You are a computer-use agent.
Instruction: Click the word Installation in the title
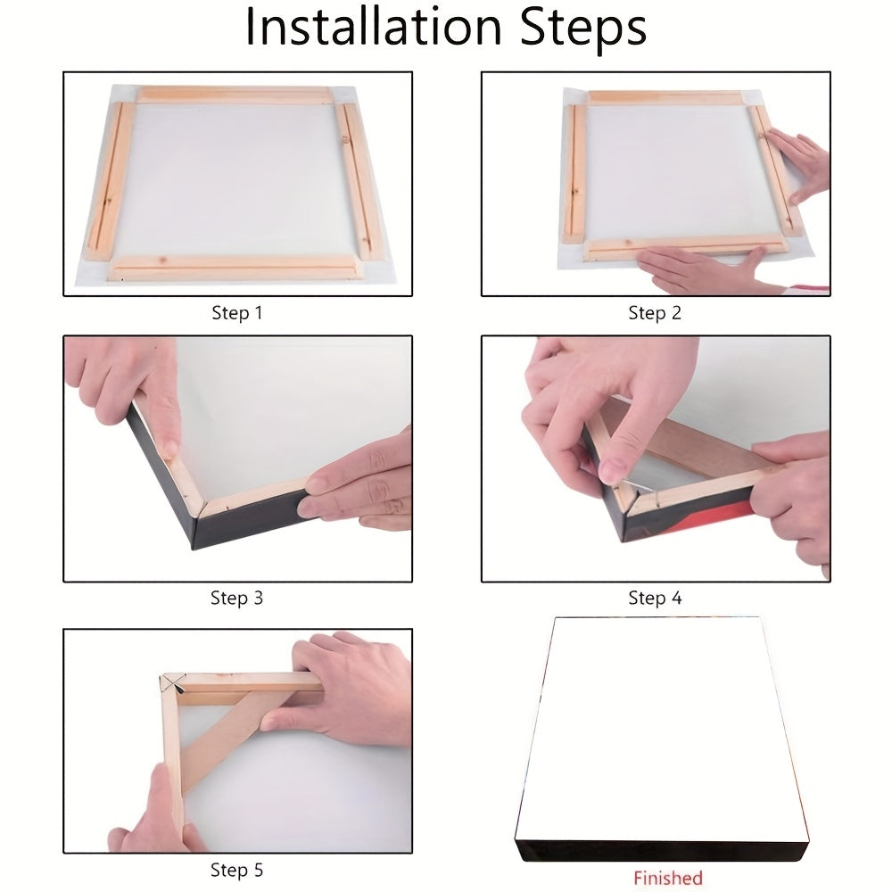pos(373,27)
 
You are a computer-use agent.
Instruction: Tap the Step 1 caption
pos(236,313)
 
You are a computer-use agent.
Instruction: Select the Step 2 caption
pos(655,313)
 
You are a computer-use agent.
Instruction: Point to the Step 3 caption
pos(236,598)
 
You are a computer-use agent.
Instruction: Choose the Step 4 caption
pos(655,598)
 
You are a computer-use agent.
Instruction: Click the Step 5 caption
pos(236,870)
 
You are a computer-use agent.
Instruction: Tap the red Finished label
pos(668,878)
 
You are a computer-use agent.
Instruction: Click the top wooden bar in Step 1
pos(235,95)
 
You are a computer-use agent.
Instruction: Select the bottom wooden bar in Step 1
pos(235,268)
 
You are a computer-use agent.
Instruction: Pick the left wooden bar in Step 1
pos(110,181)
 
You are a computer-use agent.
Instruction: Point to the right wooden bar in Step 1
pos(359,181)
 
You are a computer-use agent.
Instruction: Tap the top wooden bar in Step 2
pos(665,97)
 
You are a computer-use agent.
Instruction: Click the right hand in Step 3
pos(358,479)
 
